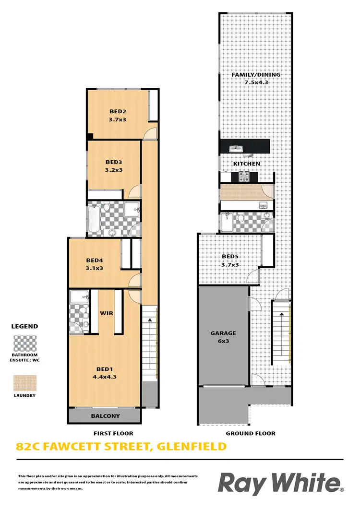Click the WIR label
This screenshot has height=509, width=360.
pyautogui.click(x=106, y=313)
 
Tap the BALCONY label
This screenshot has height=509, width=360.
pyautogui.click(x=105, y=416)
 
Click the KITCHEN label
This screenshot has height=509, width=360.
pyautogui.click(x=247, y=164)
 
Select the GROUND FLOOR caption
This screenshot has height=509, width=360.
pyautogui.click(x=251, y=433)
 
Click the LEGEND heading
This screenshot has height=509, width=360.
pyautogui.click(x=24, y=326)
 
